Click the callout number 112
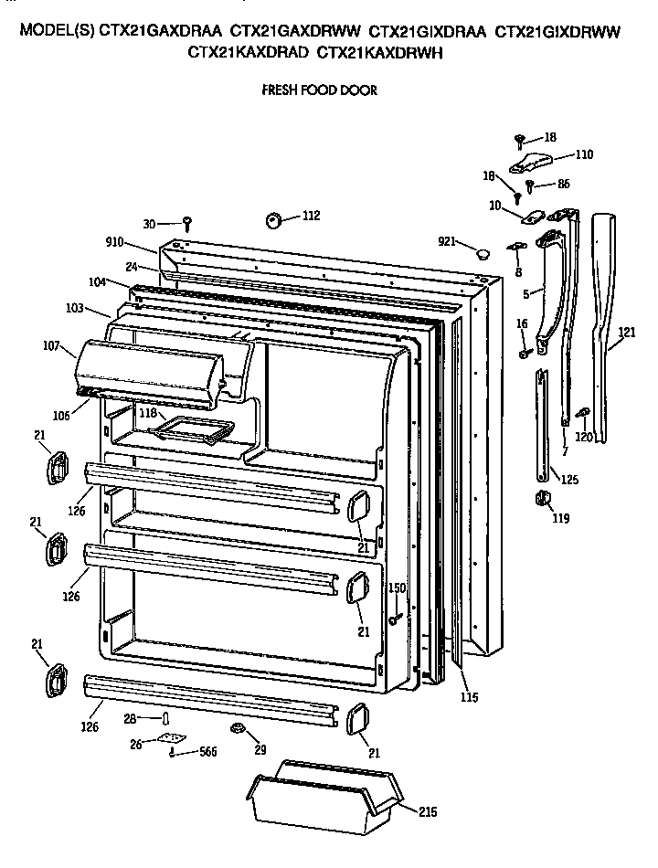pos(312,217)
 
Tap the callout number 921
pos(447,241)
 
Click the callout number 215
pos(428,810)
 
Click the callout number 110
pos(583,154)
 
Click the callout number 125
pos(569,479)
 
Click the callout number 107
pos(50,346)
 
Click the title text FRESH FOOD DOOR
pos(319,90)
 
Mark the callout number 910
pos(117,243)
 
